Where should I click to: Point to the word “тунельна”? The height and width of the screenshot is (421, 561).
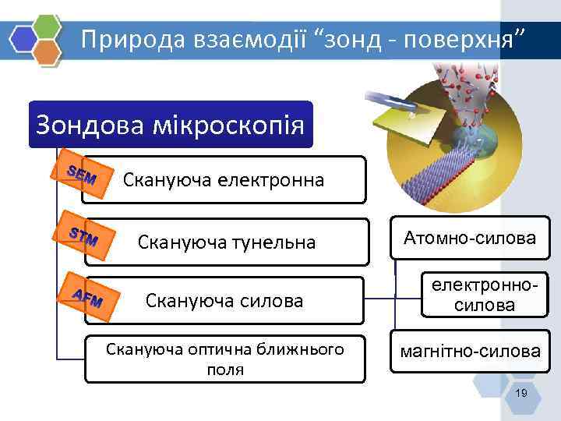pos(273,243)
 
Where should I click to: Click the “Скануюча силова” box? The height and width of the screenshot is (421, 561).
pos(224,300)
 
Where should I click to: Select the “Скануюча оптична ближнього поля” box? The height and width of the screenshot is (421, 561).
pos(224,359)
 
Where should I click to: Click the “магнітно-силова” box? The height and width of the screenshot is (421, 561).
pos(469,352)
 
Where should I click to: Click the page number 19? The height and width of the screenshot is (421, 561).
pos(521,394)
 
